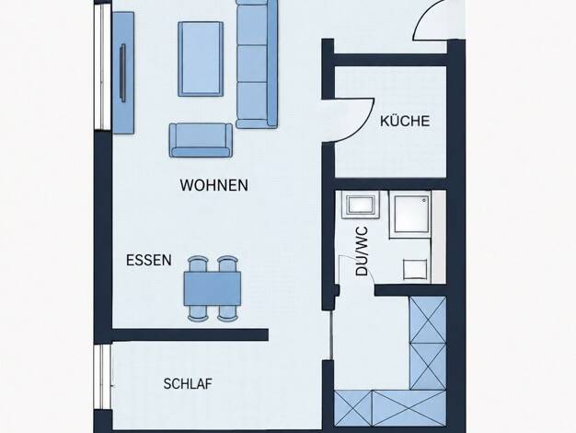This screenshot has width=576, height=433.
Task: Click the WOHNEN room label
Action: [213, 185]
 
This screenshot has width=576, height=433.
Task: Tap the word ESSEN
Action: [149, 260]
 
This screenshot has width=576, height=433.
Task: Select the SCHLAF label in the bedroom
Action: [188, 383]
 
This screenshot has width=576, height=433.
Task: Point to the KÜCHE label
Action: [405, 121]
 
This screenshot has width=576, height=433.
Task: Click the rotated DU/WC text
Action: [362, 252]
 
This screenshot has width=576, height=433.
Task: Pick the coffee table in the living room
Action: [201, 59]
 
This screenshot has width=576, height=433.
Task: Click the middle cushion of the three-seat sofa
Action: [252, 64]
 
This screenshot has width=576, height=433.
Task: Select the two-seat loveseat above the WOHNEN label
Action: [201, 140]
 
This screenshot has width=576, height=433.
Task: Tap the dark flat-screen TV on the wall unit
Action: [122, 73]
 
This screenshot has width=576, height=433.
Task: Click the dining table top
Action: [213, 288]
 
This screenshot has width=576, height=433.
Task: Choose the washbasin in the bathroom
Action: [361, 205]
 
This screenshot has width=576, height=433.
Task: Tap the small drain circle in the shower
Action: [424, 201]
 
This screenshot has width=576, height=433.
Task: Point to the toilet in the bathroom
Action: [416, 269]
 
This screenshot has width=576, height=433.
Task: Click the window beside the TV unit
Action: [102, 67]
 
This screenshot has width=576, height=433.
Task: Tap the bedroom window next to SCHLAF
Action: [102, 377]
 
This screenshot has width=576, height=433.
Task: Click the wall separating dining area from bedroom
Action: [190, 334]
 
